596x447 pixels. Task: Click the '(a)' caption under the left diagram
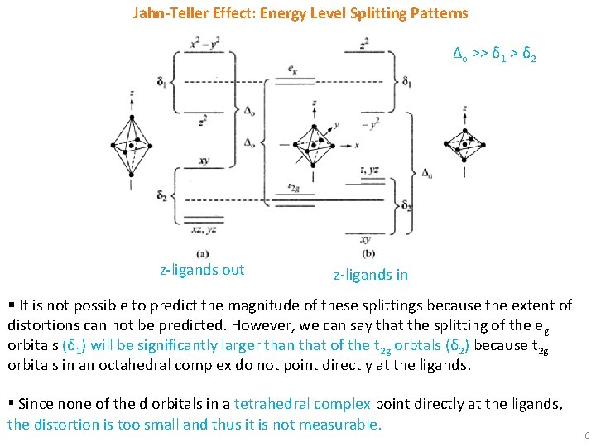coord(203,252)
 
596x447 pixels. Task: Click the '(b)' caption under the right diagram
coord(368,252)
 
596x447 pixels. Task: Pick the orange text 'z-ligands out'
coord(202,269)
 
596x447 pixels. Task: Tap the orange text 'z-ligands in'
coord(370,274)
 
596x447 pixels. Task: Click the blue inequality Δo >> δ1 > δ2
coord(494,55)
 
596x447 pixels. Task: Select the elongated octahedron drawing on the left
coord(131,145)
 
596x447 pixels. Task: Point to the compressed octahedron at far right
coord(464,142)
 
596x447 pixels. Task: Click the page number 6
coord(586,435)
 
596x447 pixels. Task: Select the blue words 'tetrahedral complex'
coord(302,404)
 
